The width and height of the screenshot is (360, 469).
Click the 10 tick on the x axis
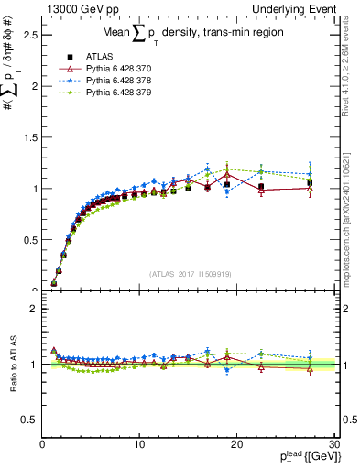pos(139,444)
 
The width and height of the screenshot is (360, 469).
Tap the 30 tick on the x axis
pos(333,444)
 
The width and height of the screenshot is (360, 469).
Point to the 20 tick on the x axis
pos(236,444)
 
